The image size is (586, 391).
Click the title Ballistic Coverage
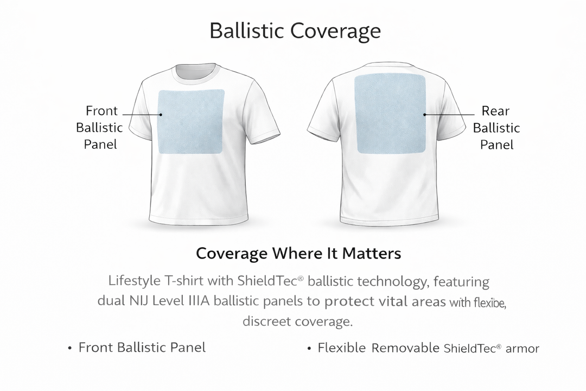[x=295, y=31]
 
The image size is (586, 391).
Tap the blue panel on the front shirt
[x=190, y=121]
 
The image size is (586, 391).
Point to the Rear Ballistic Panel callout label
[x=496, y=128]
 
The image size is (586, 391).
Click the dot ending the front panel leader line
[x=161, y=115]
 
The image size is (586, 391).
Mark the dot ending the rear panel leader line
[x=424, y=115]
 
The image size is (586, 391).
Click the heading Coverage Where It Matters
[x=298, y=253]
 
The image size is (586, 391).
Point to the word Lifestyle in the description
[x=133, y=281]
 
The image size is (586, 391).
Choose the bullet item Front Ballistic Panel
[x=142, y=348]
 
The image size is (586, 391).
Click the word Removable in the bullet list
[x=404, y=348]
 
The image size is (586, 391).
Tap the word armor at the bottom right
[x=522, y=349]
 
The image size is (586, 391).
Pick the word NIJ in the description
[x=128, y=301]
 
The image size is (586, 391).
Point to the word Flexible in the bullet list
[x=342, y=348]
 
